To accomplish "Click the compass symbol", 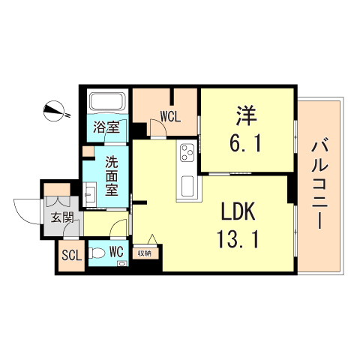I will click(55, 111).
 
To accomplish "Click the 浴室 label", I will click(106, 127).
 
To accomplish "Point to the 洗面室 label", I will click(111, 175).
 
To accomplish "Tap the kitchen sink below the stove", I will click(186, 186).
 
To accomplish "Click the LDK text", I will click(238, 211).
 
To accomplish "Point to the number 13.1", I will click(238, 239).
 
